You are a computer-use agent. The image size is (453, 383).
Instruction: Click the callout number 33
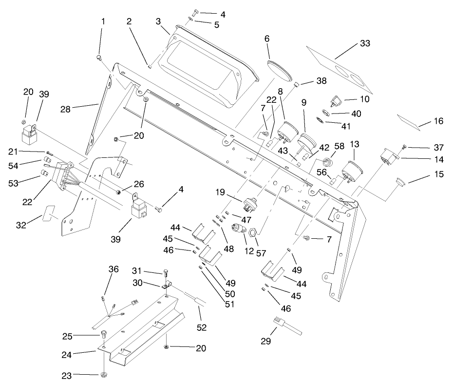[x=365, y=43]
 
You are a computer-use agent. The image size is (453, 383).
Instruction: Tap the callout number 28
[x=65, y=110]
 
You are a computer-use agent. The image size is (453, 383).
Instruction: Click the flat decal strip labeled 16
[x=409, y=122]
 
